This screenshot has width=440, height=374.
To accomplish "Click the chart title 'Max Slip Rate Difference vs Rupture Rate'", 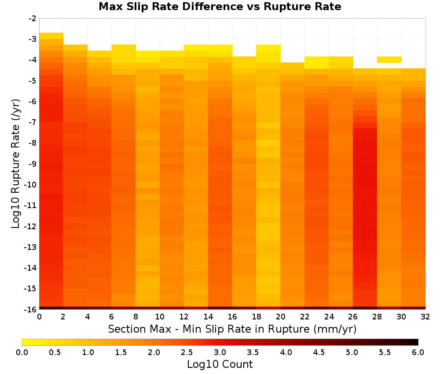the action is pos(220,7).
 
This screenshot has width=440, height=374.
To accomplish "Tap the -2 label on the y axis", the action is pos(33,18).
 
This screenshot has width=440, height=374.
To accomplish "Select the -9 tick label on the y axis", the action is pos(33,164).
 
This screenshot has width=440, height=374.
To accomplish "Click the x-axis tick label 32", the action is pos(425,317).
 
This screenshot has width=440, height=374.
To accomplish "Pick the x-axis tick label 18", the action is pos(256,317).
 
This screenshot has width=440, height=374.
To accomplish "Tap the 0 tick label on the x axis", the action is pos(39,317).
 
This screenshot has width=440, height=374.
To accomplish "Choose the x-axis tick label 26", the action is pos(353,317).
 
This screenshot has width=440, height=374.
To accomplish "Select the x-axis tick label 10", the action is pos(160,317).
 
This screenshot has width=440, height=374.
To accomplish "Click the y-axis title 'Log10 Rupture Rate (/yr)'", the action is pos(15,164).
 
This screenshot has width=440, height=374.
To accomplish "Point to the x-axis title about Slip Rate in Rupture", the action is pos(232,329).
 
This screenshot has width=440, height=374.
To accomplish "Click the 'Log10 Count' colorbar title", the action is pos(220,364).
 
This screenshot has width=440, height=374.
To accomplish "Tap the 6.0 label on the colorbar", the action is pos(418,352).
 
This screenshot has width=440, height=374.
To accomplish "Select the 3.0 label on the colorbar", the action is pos(220,352).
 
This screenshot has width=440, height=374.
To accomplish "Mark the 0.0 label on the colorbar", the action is pos(22,352).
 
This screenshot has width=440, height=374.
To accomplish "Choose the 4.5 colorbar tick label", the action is pos(319,352).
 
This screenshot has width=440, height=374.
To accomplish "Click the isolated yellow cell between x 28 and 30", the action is pos(389,59).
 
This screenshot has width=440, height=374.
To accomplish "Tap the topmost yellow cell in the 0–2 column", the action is pos(51,36).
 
